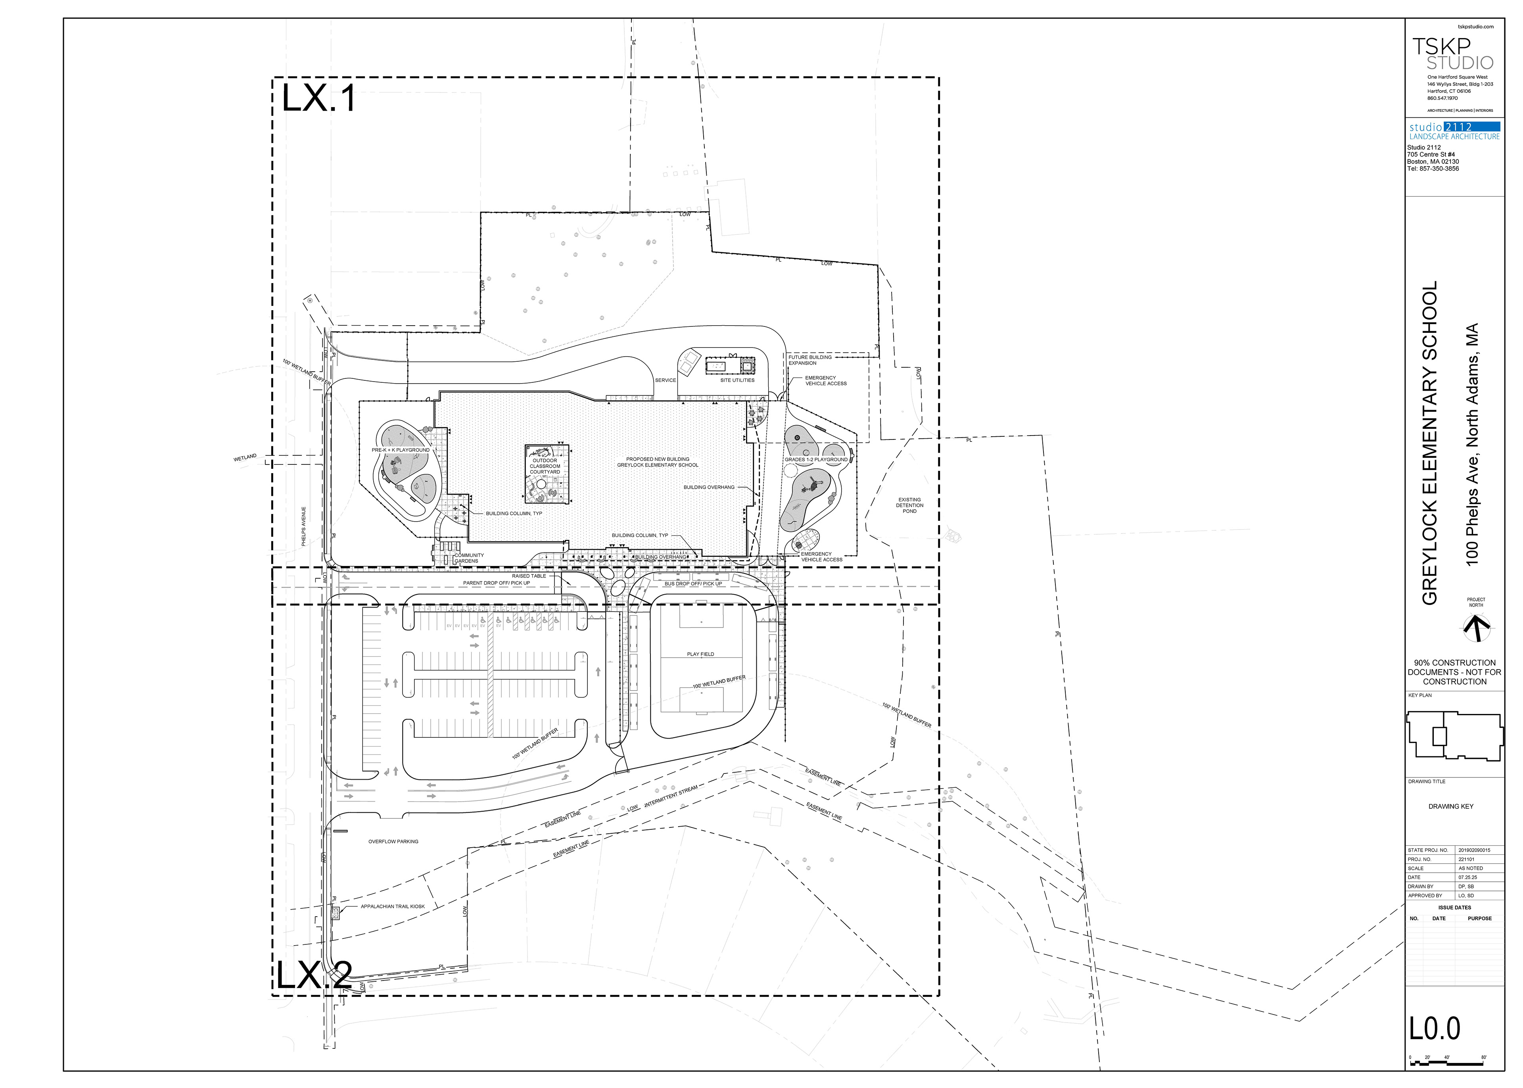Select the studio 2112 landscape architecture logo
tap(1454, 131)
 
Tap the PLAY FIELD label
tap(700, 654)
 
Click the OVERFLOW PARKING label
tap(393, 841)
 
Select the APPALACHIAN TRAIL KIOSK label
tap(393, 906)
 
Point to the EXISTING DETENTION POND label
tap(909, 505)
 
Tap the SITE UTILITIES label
tap(737, 380)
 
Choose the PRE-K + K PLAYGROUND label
tap(401, 450)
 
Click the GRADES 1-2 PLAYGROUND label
tap(816, 460)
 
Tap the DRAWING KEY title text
tap(1451, 807)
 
